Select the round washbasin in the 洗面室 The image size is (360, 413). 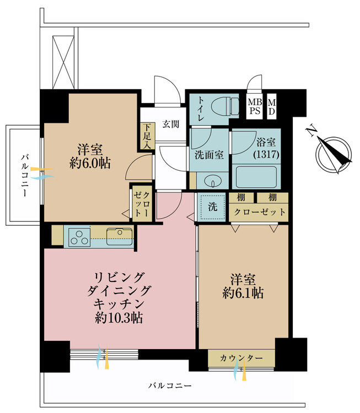(x=213, y=181)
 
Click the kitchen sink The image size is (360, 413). (x=120, y=237)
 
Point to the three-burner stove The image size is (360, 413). (x=79, y=237)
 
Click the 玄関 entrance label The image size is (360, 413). (x=171, y=124)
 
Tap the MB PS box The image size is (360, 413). (x=255, y=106)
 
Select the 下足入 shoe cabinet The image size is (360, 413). (x=147, y=136)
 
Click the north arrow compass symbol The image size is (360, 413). (x=331, y=151)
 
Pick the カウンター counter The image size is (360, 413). (x=241, y=358)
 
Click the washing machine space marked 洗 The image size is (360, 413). (x=212, y=206)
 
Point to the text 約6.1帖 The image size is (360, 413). (x=243, y=292)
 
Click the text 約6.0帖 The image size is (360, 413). (x=90, y=164)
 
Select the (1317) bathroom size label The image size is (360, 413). (x=266, y=154)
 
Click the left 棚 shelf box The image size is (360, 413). (x=241, y=198)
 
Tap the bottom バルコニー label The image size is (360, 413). (x=170, y=386)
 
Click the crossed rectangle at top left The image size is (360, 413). (x=63, y=62)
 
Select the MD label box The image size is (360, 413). (x=272, y=106)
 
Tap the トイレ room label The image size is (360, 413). (x=201, y=108)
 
